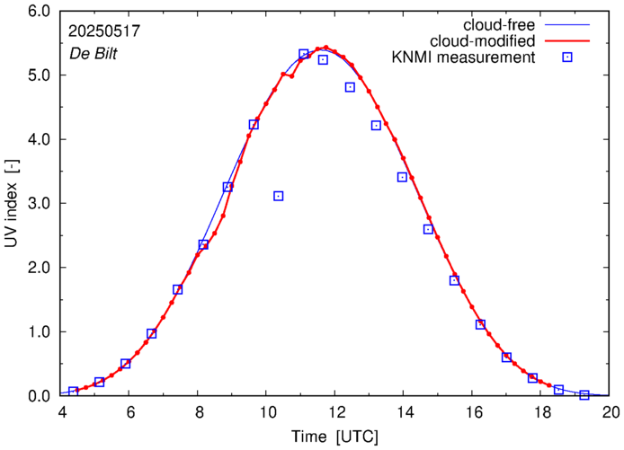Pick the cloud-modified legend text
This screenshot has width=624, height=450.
(x=486, y=40)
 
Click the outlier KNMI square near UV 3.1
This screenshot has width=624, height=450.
(x=279, y=196)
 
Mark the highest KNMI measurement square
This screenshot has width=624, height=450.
(x=304, y=54)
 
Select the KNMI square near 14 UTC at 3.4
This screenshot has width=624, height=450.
(x=402, y=177)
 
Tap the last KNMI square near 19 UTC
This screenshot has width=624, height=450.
(x=584, y=394)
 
